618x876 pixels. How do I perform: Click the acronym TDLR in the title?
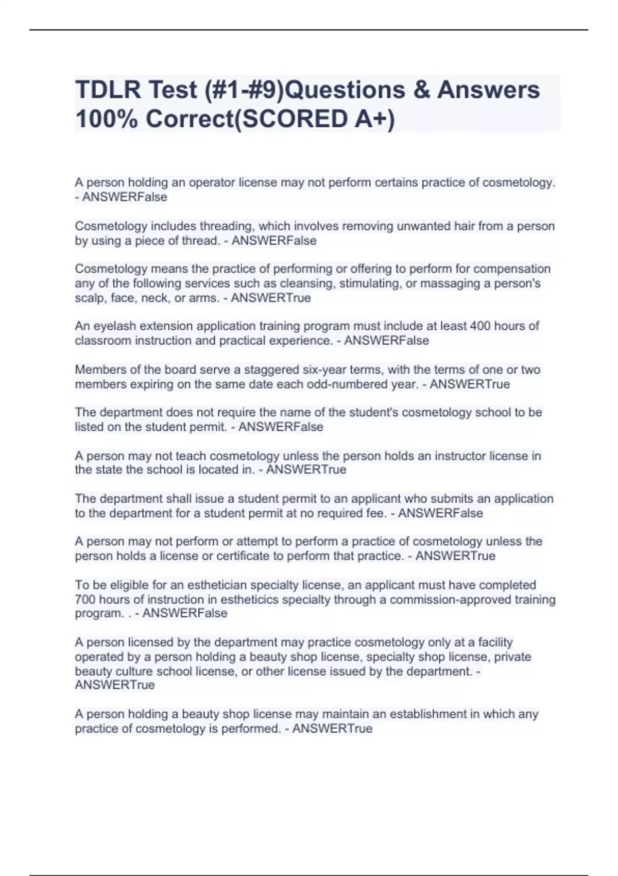coord(107,90)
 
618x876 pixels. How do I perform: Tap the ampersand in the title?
coord(420,90)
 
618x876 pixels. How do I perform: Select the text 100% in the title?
coord(106,120)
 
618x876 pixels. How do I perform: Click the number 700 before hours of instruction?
coord(85,600)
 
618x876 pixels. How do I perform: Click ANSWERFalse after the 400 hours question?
coord(386,341)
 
